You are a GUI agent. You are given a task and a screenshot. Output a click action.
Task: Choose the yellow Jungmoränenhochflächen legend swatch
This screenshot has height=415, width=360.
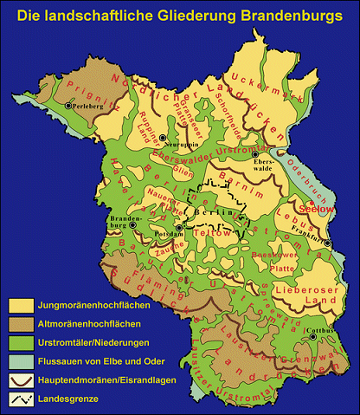[x=19, y=306]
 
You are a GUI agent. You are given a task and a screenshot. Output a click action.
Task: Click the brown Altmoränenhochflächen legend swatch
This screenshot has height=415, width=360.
[x=19, y=322]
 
